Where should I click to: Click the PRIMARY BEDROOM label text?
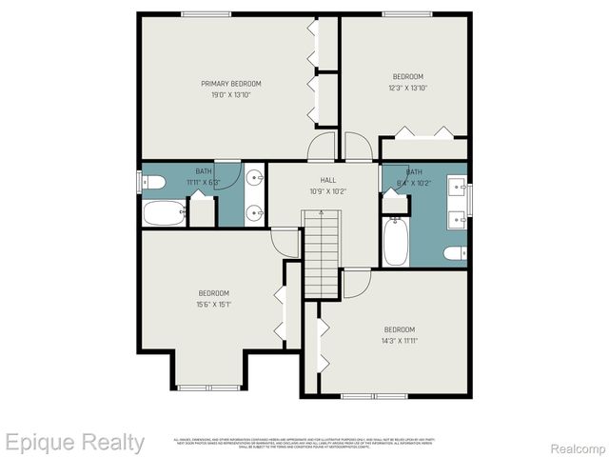click(x=231, y=84)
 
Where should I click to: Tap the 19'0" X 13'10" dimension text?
click(x=231, y=95)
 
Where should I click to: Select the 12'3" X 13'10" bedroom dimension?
click(x=408, y=88)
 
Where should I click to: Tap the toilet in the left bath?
click(x=153, y=181)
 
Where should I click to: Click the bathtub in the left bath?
click(x=164, y=212)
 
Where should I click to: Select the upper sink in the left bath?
click(x=254, y=178)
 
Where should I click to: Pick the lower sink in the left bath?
click(x=254, y=213)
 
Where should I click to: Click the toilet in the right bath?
click(x=456, y=252)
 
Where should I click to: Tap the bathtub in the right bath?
click(x=395, y=243)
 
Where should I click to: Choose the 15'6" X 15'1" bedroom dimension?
click(x=214, y=305)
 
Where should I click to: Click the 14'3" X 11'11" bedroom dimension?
click(x=400, y=340)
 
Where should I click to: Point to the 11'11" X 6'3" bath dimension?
click(x=203, y=182)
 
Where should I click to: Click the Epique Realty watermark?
click(x=74, y=442)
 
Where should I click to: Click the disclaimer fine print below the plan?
click(x=304, y=442)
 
